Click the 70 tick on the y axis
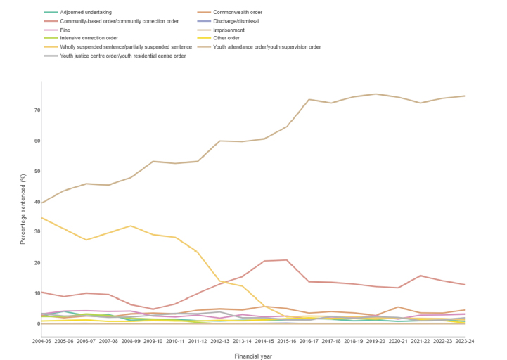[x=33, y=110]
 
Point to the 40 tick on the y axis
[x=33, y=202]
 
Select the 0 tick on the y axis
[x=35, y=323]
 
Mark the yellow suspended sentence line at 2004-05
[x=41, y=218]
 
